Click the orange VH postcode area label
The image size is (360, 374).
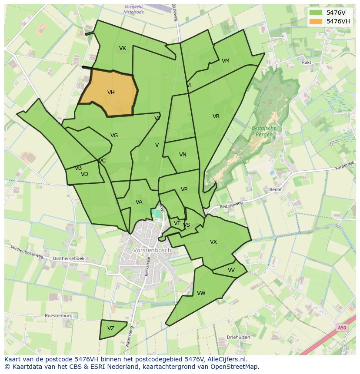(x=111, y=93)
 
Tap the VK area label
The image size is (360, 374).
(x=123, y=48)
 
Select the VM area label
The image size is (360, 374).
(x=225, y=61)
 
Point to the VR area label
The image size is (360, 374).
(x=216, y=116)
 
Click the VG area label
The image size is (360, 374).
(x=114, y=136)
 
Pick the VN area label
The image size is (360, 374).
(x=183, y=155)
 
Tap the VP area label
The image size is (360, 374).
(x=184, y=189)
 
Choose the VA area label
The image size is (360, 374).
(x=139, y=202)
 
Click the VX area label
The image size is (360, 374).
(x=213, y=242)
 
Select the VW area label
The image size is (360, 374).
(x=201, y=293)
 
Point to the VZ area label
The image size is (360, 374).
(x=111, y=328)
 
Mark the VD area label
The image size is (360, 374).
(x=84, y=174)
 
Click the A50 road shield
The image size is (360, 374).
(x=342, y=328)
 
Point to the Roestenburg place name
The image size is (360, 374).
(x=58, y=316)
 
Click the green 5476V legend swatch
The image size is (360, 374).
(x=316, y=12)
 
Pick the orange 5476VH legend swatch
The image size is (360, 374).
(x=316, y=21)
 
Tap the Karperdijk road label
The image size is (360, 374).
(x=345, y=165)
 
